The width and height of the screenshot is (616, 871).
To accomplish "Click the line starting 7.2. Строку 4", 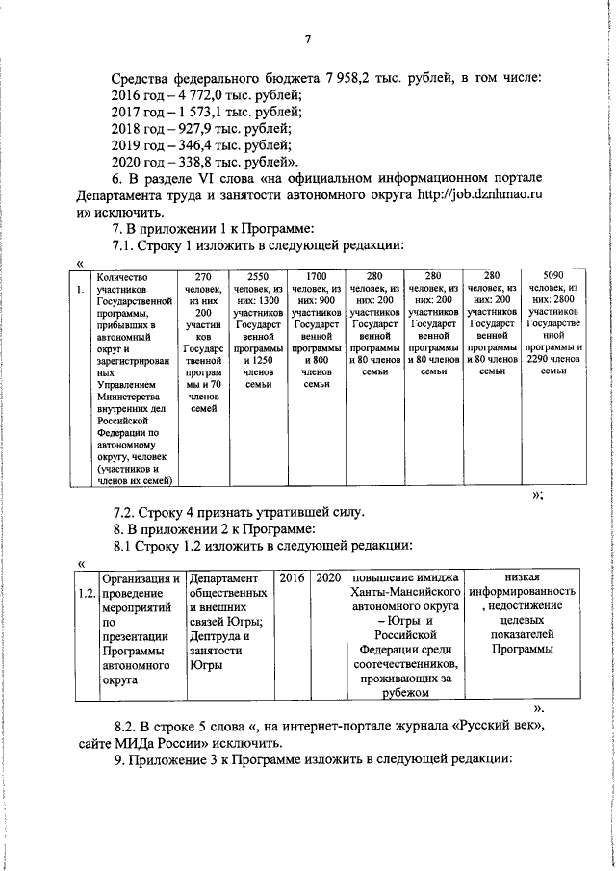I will (239, 512).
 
